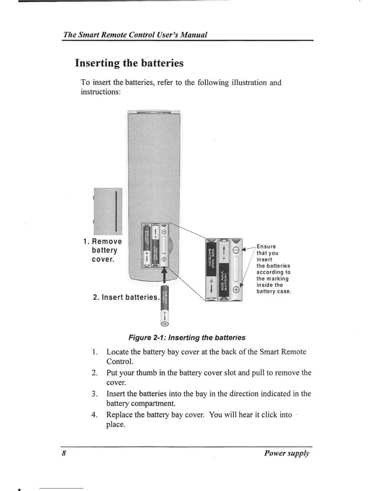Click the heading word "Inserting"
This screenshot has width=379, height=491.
[x=98, y=63]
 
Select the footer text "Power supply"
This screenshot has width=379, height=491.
[x=286, y=453]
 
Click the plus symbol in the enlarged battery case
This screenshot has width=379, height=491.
[x=236, y=290]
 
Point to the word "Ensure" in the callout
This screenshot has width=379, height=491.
[x=266, y=247]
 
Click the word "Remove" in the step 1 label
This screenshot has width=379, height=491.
[x=107, y=241]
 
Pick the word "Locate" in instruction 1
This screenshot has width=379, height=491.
[x=118, y=352]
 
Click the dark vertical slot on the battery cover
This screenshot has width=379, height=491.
[x=115, y=211]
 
